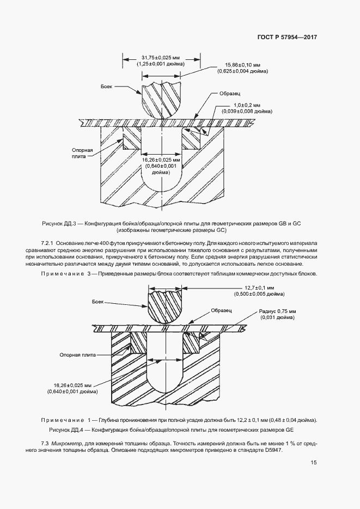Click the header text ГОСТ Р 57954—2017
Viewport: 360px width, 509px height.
click(x=286, y=38)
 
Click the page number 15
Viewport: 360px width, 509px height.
click(x=314, y=463)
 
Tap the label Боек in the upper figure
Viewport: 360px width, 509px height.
click(x=107, y=87)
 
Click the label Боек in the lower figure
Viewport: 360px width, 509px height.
click(x=98, y=301)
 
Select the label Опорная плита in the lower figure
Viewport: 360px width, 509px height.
click(x=77, y=354)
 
